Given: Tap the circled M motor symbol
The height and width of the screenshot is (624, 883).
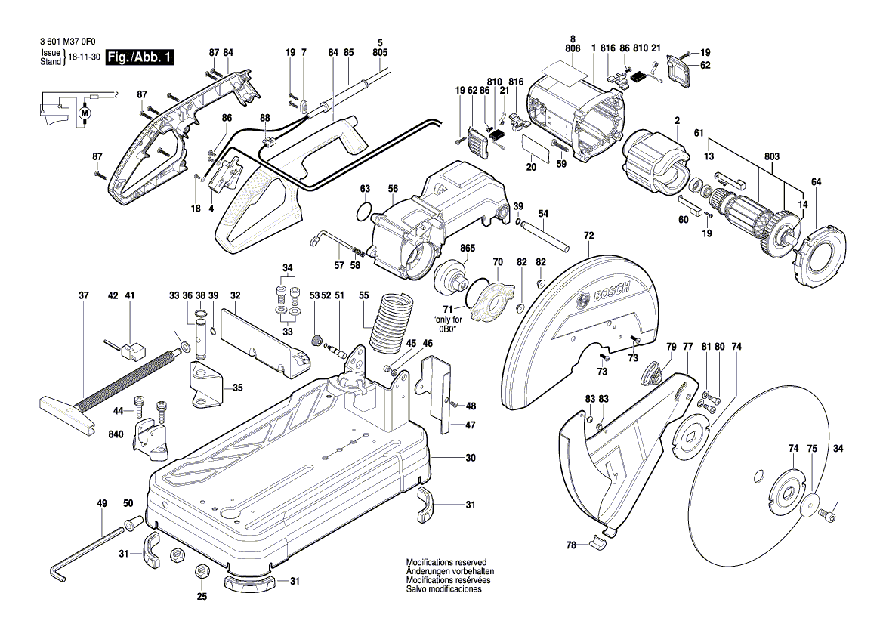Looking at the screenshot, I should tap(85, 113).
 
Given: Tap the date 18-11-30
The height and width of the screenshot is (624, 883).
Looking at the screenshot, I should tap(85, 57).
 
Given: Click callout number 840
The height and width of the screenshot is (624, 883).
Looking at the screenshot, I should tap(116, 435).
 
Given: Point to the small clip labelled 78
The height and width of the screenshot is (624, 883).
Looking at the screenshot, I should tap(597, 541).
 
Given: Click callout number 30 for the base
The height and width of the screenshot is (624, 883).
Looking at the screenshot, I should tap(470, 458).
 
